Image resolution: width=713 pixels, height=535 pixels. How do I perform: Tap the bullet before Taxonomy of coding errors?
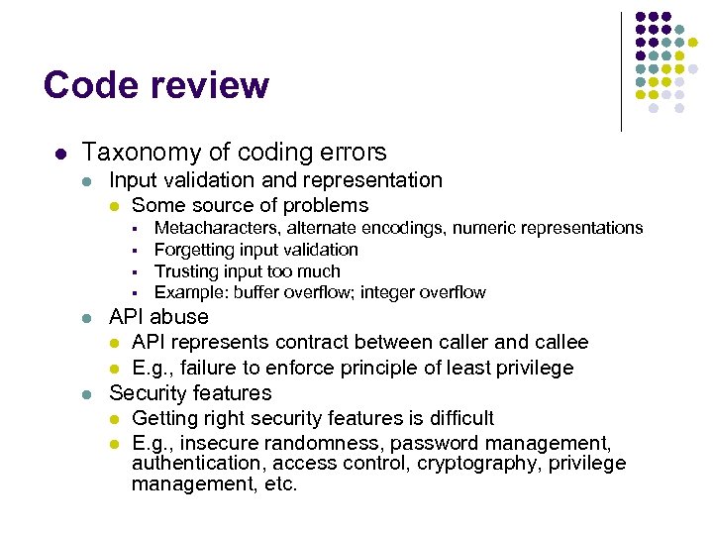[61, 154]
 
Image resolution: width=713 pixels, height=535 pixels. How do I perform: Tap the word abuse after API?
[180, 317]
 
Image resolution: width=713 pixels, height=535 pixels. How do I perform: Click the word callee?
[559, 343]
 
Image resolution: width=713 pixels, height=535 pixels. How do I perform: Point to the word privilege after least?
[528, 369]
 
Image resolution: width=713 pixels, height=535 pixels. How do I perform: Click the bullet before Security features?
[87, 394]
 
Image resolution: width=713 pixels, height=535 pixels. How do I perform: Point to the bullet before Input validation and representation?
[87, 181]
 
